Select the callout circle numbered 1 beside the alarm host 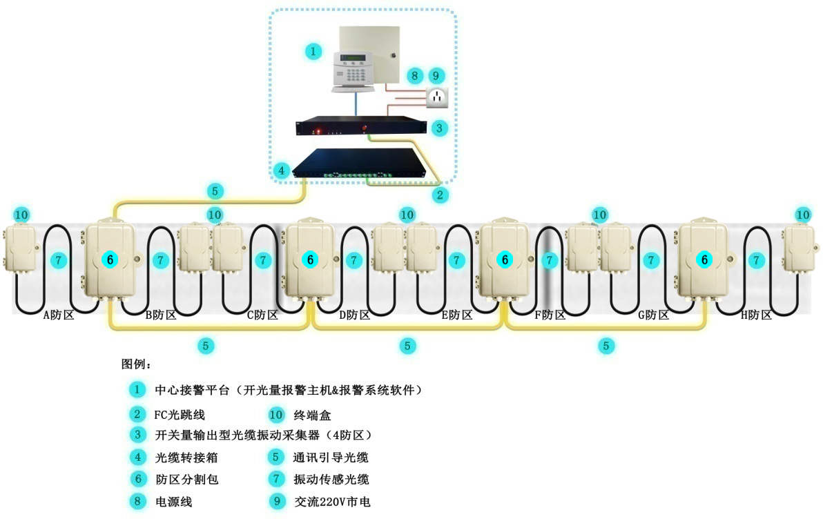coord(313,51)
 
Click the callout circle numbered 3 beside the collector coord(439,128)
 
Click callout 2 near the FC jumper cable coord(439,195)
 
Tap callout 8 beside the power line coord(414,75)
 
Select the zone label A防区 coord(59,315)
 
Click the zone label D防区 coord(355,315)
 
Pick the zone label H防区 coord(756,315)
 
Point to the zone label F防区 coord(550,315)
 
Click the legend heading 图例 coord(136,364)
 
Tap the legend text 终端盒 coord(313,415)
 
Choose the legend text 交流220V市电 coord(332,502)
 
